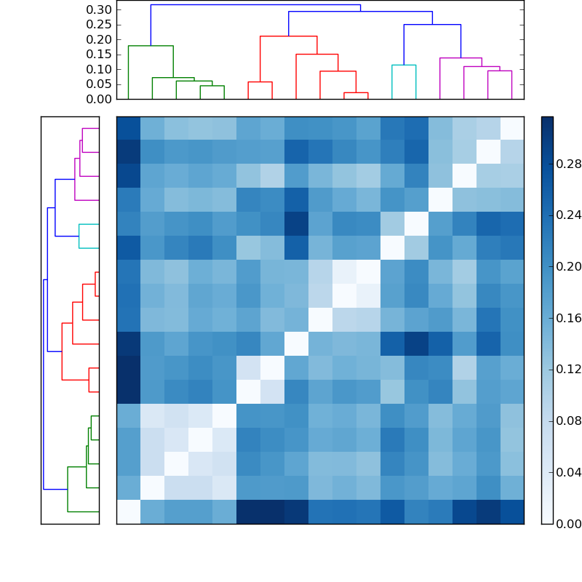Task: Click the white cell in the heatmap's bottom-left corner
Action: coord(128,511)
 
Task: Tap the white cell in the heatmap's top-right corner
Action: coord(511,128)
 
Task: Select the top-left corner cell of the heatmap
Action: coord(128,128)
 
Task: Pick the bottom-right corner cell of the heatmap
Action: coord(511,511)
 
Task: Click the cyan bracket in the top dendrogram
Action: coord(404,65)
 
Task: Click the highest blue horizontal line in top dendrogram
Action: coord(255,5)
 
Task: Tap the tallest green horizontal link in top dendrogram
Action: coord(151,46)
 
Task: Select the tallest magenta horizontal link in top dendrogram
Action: coord(461,57)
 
